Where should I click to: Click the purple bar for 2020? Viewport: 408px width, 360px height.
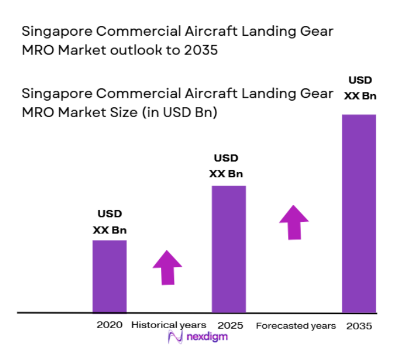tap(109, 276)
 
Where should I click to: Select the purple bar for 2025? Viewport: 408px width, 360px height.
tap(229, 249)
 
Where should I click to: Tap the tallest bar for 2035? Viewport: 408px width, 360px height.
tap(359, 214)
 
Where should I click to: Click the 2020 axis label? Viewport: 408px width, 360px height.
tap(110, 325)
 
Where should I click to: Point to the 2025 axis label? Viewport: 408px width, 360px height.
tap(230, 325)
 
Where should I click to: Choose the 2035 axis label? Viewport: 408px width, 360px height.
tap(359, 326)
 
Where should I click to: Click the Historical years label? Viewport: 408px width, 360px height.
tap(168, 325)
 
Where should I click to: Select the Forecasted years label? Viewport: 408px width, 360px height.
tap(296, 326)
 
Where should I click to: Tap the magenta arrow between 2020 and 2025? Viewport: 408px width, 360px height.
tap(167, 267)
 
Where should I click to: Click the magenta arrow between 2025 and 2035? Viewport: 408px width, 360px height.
tap(294, 222)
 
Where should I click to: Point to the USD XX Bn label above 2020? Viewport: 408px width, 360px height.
tap(110, 222)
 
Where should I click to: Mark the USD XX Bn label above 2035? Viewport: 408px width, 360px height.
tap(360, 88)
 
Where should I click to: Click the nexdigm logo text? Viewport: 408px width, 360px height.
tap(206, 337)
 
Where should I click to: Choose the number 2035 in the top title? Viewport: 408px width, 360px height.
tap(198, 50)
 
